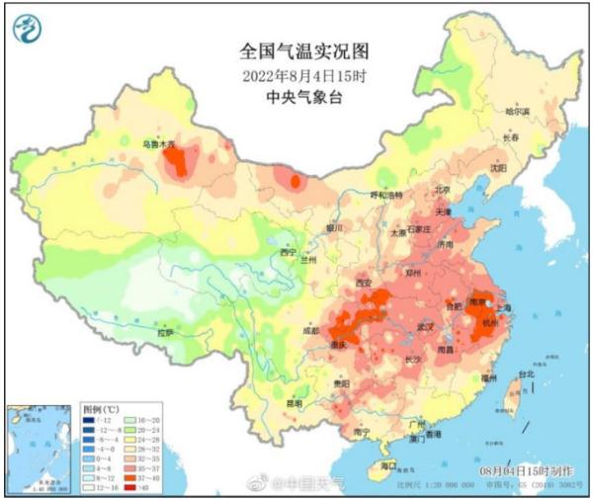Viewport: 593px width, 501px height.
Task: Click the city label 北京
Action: click(442, 190)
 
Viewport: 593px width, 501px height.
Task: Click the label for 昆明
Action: click(295, 403)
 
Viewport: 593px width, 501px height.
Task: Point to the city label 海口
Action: click(389, 464)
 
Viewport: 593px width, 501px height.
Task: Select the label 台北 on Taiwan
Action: click(526, 375)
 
